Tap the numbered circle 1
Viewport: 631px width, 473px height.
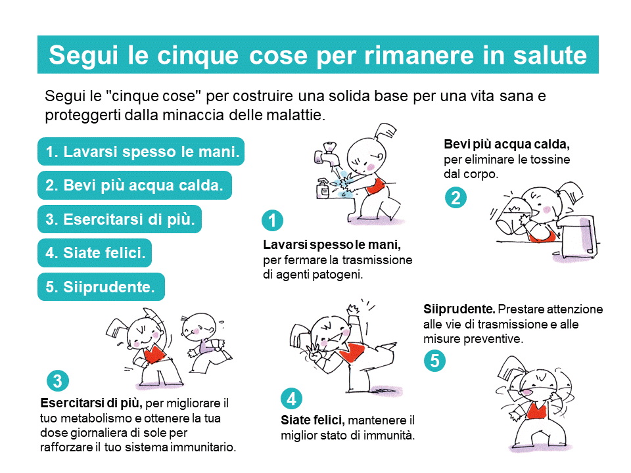tap(272, 221)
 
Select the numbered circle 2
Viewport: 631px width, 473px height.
tap(456, 198)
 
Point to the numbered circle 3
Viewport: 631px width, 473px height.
tap(58, 380)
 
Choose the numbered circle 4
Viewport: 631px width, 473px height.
tap(291, 398)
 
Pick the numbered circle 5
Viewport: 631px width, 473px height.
tap(434, 361)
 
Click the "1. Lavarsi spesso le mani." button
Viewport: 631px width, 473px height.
tap(141, 152)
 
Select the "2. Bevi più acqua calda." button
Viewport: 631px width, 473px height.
tap(135, 185)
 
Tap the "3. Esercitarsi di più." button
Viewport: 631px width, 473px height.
tap(120, 219)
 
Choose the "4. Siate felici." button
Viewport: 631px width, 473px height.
tap(95, 253)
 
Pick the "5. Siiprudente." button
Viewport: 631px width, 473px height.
tap(101, 287)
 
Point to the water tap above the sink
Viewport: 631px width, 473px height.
tap(327, 154)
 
